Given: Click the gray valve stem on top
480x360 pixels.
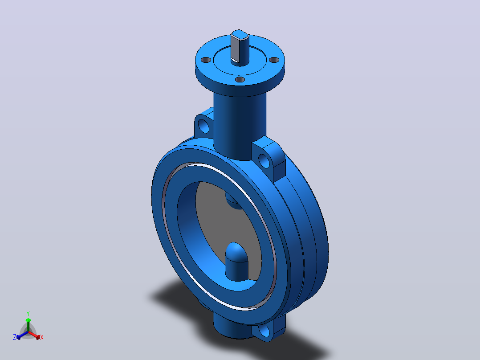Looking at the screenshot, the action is pyautogui.click(x=240, y=48).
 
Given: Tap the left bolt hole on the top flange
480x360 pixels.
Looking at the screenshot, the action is pyautogui.click(x=206, y=60).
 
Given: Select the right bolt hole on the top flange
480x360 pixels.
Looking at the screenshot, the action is pyautogui.click(x=274, y=60).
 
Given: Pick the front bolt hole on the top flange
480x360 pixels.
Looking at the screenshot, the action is pyautogui.click(x=240, y=80).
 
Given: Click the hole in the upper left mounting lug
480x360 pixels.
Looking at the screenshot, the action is pyautogui.click(x=203, y=126).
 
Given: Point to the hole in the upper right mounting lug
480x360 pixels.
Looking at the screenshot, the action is pyautogui.click(x=264, y=161).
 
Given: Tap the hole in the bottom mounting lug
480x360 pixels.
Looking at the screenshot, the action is pyautogui.click(x=264, y=331).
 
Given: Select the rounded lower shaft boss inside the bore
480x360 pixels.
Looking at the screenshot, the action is pyautogui.click(x=236, y=262).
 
